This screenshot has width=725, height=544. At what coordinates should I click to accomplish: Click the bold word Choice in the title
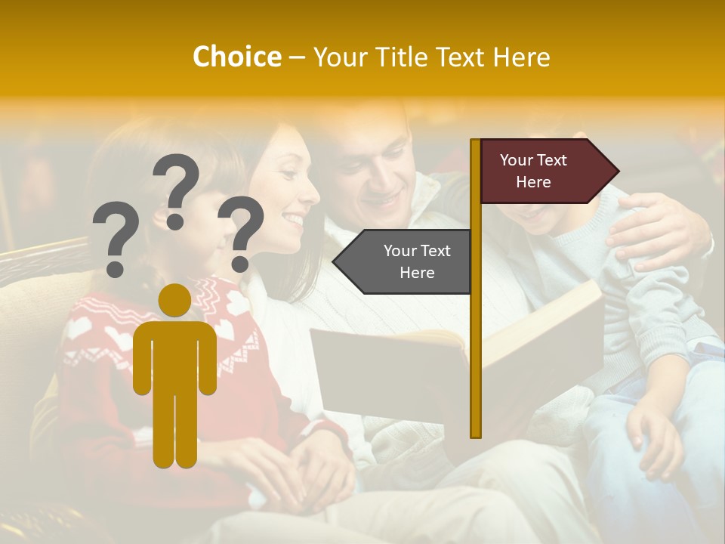tap(236, 57)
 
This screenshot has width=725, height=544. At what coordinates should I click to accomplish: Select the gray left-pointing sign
tap(403, 261)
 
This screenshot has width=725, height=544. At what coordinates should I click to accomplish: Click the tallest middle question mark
tap(176, 189)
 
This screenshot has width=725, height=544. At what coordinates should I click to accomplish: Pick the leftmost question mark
tap(116, 237)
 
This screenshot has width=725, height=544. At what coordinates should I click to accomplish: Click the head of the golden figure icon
tap(174, 300)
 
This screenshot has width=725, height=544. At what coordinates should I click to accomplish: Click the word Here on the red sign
tap(533, 182)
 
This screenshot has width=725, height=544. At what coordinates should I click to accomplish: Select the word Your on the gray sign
tap(400, 251)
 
